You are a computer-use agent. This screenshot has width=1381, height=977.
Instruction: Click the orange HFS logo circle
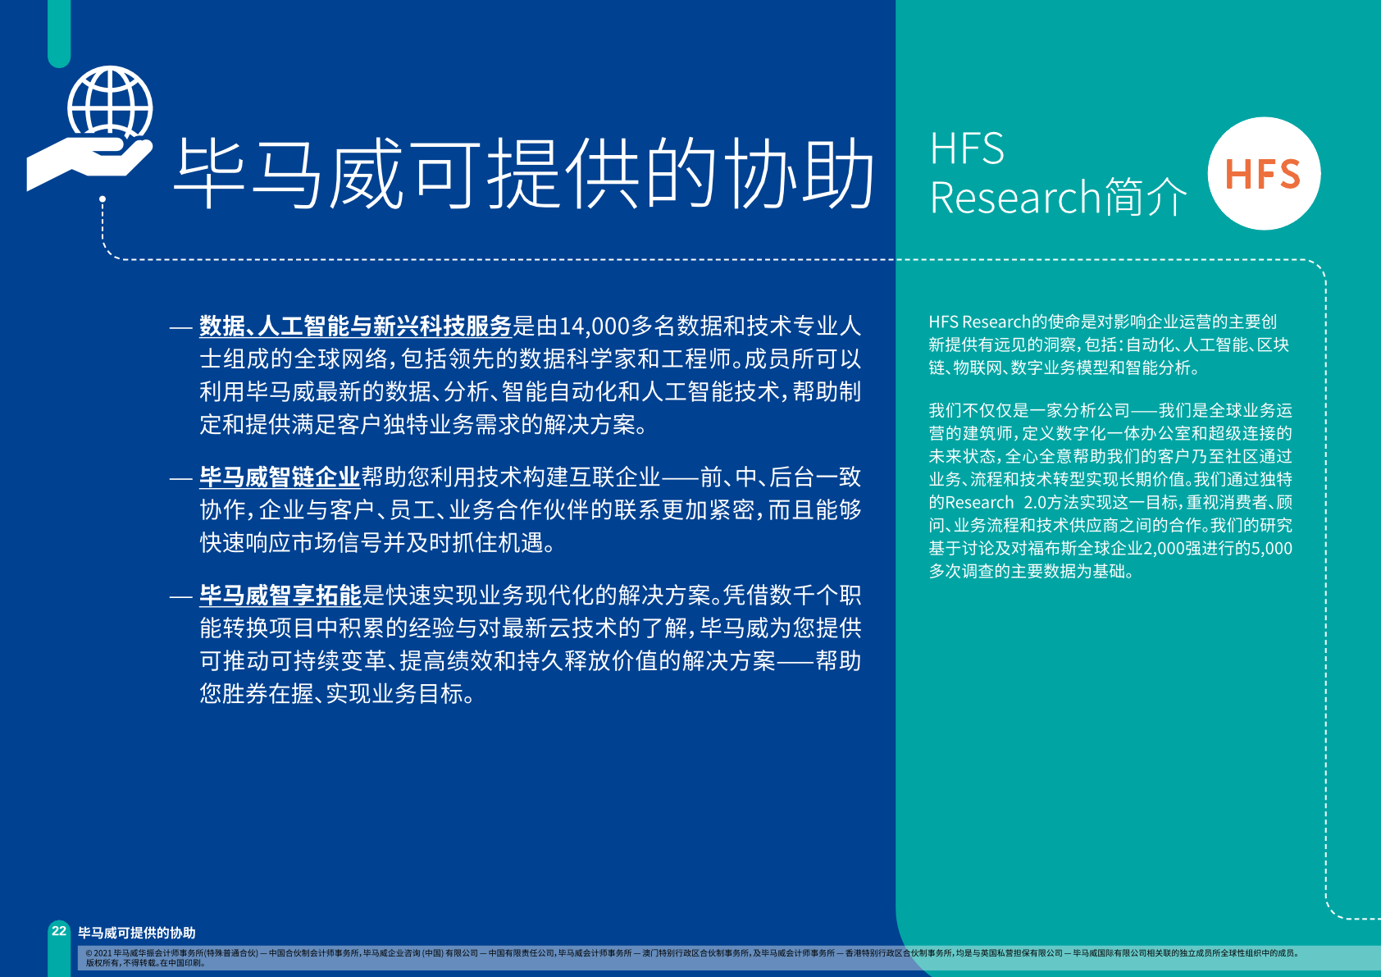pos(1264,173)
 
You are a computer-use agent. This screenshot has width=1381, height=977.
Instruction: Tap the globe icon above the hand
pos(111,103)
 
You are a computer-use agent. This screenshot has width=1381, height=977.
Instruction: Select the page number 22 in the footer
pos(59,931)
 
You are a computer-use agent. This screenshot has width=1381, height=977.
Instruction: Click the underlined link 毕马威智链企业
pos(280,477)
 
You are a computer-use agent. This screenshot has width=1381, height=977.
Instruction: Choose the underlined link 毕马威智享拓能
pos(280,596)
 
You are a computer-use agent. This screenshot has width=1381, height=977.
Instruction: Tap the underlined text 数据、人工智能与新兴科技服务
pos(356,326)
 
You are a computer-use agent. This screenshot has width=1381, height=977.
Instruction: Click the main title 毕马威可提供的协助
pos(523,173)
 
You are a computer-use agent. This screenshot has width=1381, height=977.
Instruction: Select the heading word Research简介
pos(1058,198)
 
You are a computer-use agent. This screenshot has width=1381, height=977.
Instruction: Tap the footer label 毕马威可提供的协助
pos(137,933)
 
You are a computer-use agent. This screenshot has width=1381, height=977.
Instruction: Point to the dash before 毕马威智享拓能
pos(181,596)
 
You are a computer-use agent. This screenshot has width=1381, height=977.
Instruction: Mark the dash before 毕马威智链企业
pos(181,478)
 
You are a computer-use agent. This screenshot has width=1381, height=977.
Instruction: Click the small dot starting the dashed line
pos(103,199)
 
